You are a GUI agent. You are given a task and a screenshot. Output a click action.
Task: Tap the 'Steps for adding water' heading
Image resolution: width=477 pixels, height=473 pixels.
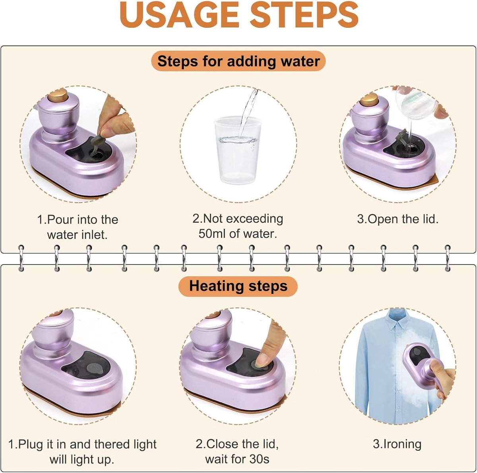(x=238, y=61)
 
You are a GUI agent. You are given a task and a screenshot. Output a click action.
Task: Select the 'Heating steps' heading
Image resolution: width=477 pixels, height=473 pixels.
(x=238, y=286)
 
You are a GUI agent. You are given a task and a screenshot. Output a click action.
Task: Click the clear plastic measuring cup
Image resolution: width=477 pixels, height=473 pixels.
(x=237, y=150)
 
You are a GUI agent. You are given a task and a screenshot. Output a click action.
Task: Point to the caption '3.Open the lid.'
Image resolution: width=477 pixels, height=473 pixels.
(x=397, y=219)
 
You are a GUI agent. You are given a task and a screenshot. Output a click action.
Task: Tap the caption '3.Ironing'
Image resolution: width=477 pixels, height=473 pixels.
(x=397, y=444)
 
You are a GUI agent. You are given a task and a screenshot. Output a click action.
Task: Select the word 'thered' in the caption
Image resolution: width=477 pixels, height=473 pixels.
(x=112, y=444)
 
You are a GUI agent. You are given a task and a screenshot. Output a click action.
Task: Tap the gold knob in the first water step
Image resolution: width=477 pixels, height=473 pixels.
(x=58, y=95)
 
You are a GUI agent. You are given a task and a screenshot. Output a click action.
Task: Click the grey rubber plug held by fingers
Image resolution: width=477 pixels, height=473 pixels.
(x=98, y=144)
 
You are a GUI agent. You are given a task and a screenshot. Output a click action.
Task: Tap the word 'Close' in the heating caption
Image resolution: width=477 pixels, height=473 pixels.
(x=221, y=444)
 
